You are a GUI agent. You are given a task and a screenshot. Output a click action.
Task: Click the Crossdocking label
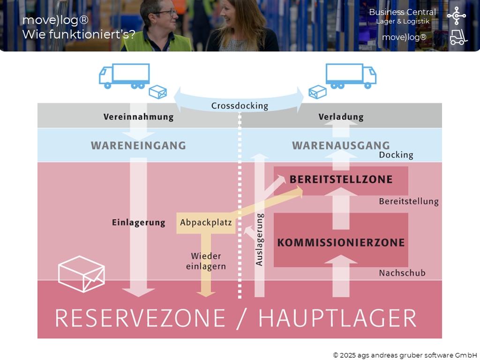240,106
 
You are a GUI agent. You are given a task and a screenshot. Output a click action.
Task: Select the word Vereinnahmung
138,117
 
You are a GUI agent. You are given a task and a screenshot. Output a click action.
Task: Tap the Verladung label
341,117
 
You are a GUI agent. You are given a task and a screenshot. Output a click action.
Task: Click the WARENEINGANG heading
138,145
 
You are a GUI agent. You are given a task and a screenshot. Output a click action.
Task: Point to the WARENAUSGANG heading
341,145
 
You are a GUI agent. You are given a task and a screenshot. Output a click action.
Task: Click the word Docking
396,155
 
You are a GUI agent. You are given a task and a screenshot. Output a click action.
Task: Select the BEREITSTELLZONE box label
341,180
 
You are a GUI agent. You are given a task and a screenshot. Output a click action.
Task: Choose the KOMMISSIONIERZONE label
341,242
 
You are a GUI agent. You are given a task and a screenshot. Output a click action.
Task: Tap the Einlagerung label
138,223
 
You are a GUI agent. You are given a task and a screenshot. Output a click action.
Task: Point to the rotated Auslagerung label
260,240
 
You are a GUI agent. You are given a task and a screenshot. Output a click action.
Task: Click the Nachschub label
402,272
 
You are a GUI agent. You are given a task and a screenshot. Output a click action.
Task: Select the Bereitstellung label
409,202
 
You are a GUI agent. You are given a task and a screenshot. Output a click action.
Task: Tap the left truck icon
124,76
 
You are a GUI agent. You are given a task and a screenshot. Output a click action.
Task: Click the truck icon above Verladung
351,76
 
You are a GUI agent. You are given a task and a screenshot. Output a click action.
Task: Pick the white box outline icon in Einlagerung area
81,274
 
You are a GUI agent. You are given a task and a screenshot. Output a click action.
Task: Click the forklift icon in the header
458,37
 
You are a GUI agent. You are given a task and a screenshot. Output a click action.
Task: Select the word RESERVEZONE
140,318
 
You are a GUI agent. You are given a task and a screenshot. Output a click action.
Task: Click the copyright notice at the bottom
405,355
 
